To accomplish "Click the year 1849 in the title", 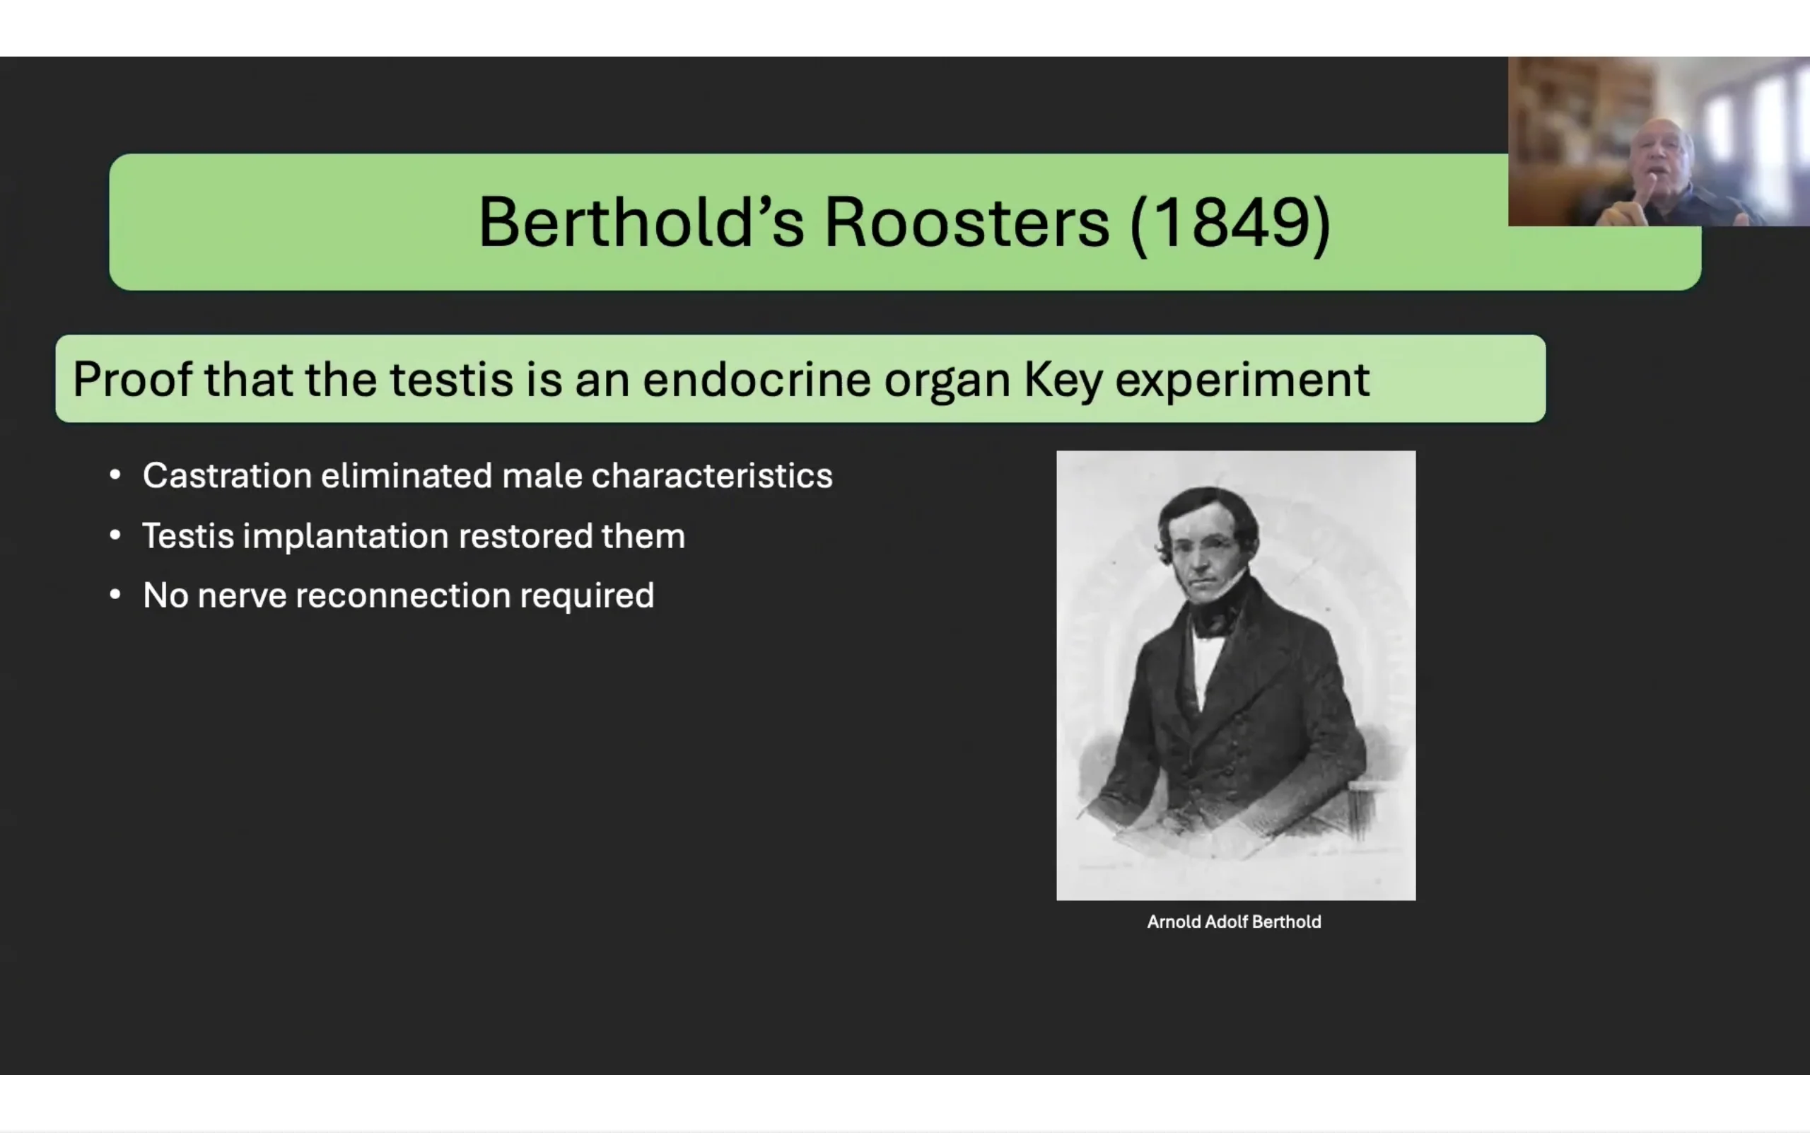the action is coord(1230,222).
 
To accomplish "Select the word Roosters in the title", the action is coord(967,222).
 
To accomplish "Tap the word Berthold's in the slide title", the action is coord(641,222).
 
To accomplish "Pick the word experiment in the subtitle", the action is coord(1242,380).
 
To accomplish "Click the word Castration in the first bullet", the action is coord(227,475).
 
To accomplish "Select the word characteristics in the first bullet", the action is coord(712,475).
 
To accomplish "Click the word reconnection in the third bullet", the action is coord(403,595).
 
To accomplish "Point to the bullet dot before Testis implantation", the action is coord(115,535).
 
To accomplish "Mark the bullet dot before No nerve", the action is coord(115,595).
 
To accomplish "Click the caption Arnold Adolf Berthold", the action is coord(1234,922).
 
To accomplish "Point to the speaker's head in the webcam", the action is coord(1661,157).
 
